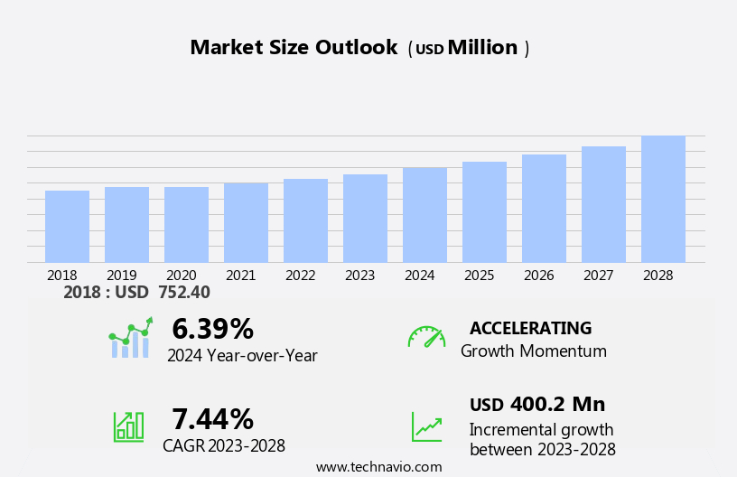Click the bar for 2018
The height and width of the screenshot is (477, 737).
point(67,227)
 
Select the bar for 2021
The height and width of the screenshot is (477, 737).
point(246,223)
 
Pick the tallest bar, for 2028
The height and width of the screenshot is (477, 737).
point(663,200)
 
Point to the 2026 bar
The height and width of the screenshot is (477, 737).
point(544,209)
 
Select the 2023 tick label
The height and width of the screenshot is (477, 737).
point(359,276)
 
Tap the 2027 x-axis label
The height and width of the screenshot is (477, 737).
point(599,276)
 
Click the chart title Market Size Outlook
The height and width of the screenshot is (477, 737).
point(294,48)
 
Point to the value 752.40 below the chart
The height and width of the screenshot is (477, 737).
point(184,293)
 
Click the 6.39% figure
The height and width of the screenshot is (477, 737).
point(212,329)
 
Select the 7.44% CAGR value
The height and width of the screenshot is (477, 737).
point(212,419)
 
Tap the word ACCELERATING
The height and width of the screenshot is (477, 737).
point(531,329)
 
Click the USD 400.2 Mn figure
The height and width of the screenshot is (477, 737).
point(537,405)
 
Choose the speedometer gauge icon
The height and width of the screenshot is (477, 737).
point(426,337)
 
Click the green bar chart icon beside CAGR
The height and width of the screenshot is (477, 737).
point(128,426)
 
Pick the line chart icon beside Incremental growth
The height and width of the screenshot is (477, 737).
point(426,426)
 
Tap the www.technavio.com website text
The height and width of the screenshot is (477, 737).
point(379,467)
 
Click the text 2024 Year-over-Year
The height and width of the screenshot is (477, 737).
point(242,356)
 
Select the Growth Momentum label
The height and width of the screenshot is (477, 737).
point(534,351)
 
